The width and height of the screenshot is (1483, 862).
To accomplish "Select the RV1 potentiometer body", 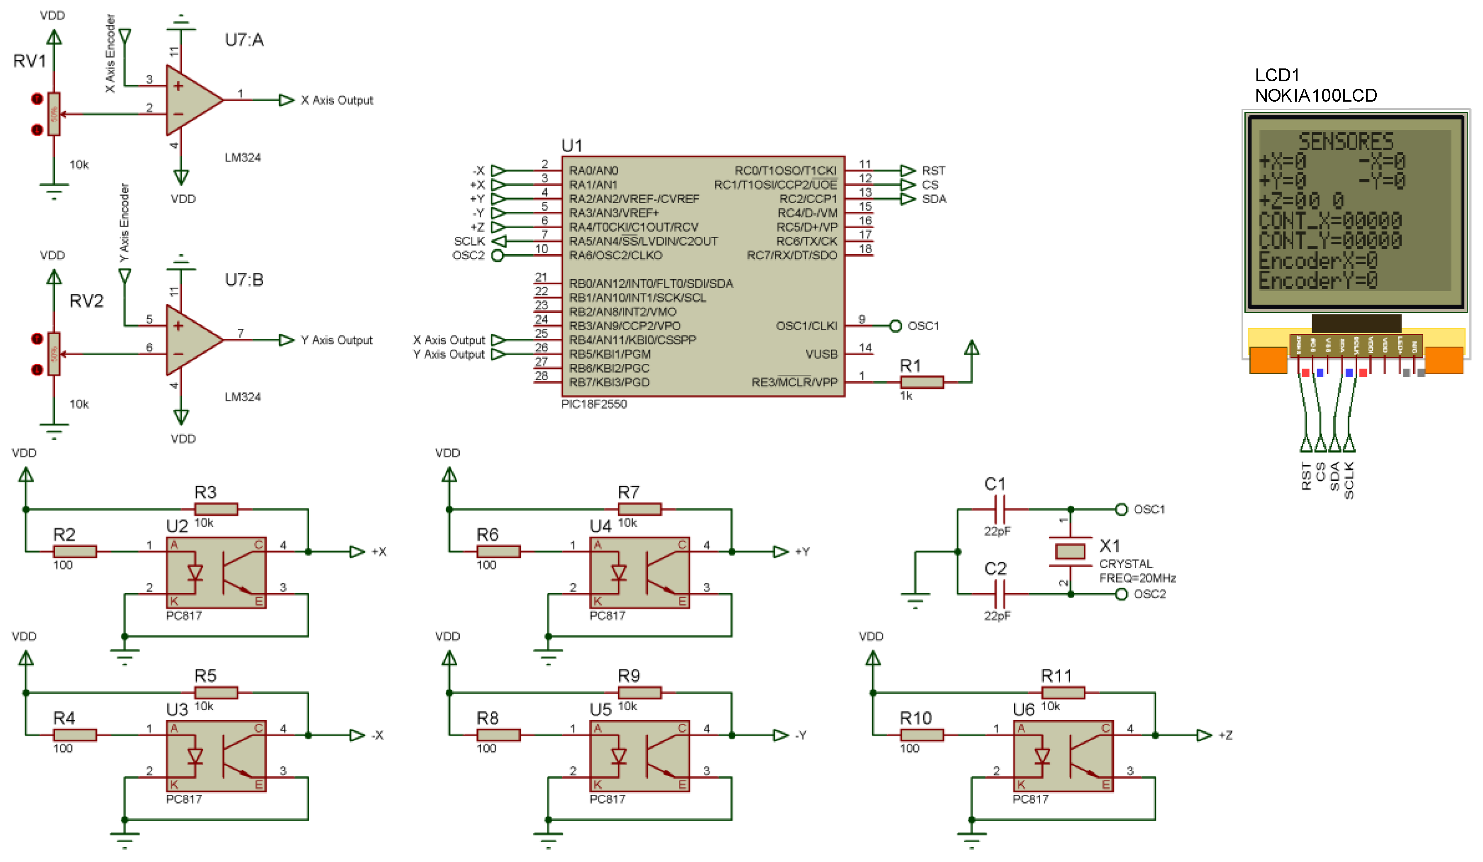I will pyautogui.click(x=54, y=114).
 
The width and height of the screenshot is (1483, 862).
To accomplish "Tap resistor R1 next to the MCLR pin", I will pyautogui.click(x=922, y=382).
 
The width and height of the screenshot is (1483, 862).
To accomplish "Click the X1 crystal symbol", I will pyautogui.click(x=1070, y=551).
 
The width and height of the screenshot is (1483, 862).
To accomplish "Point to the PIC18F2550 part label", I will pyautogui.click(x=594, y=404).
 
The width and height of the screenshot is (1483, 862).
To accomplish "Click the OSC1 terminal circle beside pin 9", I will pyautogui.click(x=895, y=326).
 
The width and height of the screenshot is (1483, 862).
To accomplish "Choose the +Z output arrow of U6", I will pyautogui.click(x=1204, y=735).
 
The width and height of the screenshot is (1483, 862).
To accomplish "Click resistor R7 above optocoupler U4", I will pyautogui.click(x=639, y=509).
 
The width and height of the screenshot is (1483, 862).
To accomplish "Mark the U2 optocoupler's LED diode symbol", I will pyautogui.click(x=194, y=572).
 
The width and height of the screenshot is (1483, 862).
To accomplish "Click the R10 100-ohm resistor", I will pyautogui.click(x=922, y=735).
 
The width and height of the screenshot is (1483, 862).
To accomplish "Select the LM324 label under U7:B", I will pyautogui.click(x=242, y=397).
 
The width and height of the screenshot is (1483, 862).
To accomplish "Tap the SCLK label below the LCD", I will pyautogui.click(x=1349, y=480).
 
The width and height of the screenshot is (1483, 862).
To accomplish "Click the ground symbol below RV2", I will pyautogui.click(x=54, y=429).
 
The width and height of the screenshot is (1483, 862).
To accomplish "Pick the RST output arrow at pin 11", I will pyautogui.click(x=907, y=170).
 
